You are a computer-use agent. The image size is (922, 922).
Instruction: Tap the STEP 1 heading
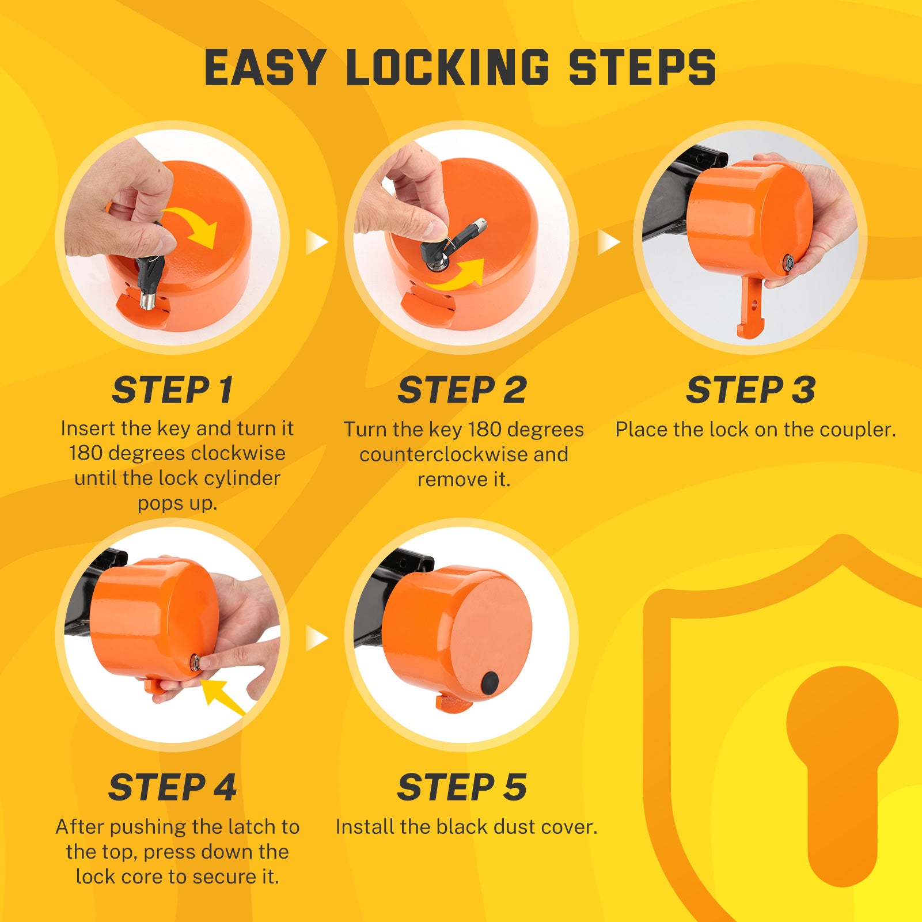[172, 390]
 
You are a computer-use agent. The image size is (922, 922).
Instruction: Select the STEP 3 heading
[750, 390]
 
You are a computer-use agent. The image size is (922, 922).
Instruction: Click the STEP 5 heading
[461, 787]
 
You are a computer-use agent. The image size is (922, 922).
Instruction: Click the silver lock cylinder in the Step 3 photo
[787, 263]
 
